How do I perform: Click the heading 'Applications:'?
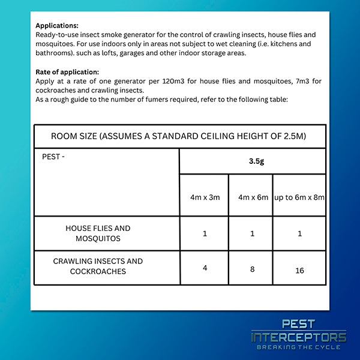(57, 26)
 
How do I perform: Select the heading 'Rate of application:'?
(67, 72)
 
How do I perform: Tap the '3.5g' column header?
(252, 161)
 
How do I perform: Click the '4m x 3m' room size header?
(204, 196)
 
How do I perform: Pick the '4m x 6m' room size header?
(251, 196)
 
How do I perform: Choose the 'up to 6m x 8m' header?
(299, 196)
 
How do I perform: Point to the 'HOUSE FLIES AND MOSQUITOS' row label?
(98, 233)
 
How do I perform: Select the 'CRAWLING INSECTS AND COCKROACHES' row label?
(98, 266)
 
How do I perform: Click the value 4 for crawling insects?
(205, 268)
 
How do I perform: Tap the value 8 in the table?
(252, 269)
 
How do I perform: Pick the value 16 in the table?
(299, 271)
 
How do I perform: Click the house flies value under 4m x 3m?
(205, 233)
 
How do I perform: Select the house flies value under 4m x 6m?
(252, 233)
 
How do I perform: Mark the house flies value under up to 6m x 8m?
(299, 233)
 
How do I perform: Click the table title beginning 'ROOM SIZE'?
(179, 136)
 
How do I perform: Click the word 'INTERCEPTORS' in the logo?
(298, 338)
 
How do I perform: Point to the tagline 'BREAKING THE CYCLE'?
(298, 347)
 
